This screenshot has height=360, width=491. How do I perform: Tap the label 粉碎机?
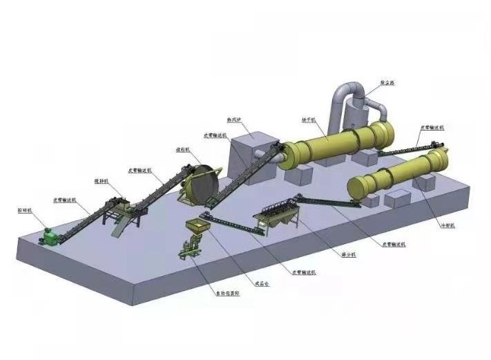point(23,208)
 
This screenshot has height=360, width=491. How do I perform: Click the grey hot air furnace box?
point(251,158)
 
